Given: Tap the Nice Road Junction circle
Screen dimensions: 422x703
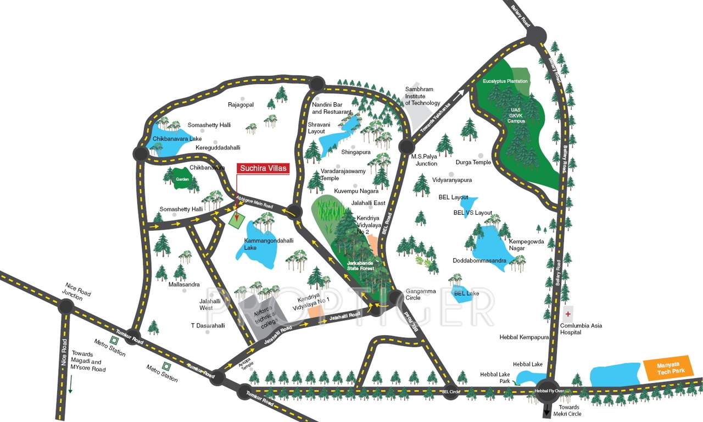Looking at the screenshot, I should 65,306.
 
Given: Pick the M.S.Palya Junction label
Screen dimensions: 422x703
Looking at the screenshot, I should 424,159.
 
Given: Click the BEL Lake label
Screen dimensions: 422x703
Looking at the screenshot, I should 466,293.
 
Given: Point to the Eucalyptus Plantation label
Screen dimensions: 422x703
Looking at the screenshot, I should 505,81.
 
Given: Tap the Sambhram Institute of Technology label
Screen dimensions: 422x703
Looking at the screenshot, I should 422,96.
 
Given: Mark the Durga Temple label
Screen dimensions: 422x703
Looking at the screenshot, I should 473,162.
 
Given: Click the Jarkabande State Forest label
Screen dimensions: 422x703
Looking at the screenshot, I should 360,266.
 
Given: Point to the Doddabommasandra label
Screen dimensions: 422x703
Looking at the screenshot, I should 479,260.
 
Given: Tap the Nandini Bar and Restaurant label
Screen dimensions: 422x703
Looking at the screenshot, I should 331,108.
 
